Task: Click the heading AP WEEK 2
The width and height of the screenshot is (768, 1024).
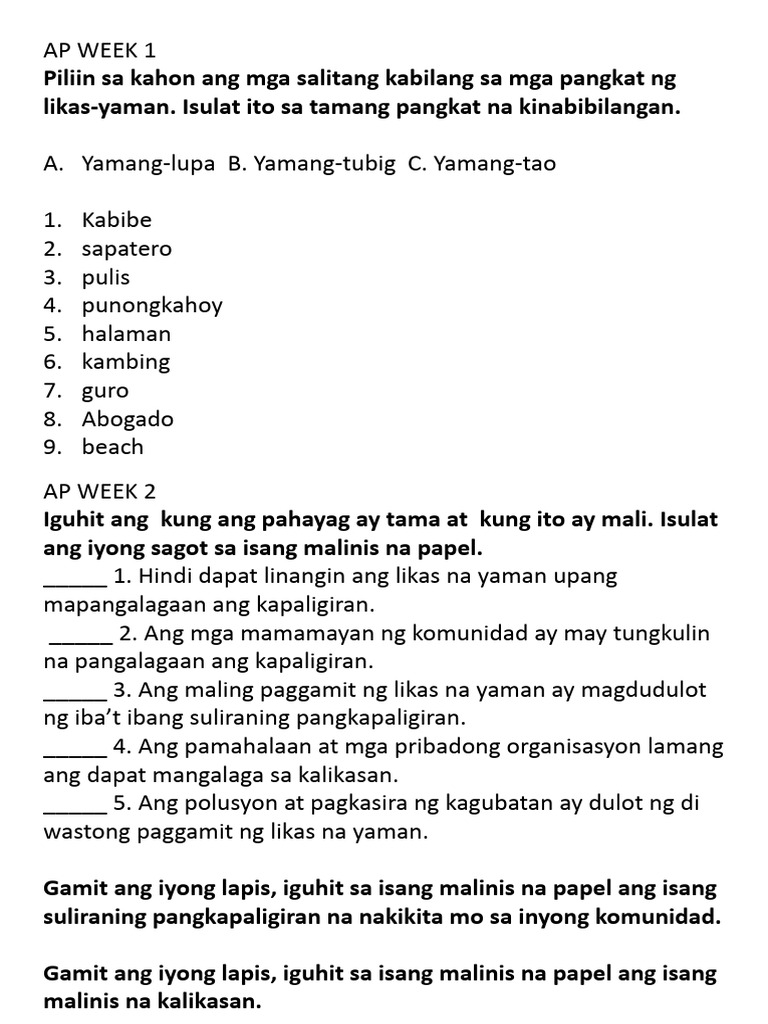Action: [x=100, y=492]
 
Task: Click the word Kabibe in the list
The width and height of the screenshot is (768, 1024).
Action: [x=117, y=220]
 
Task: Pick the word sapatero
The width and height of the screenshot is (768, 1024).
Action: [x=127, y=249]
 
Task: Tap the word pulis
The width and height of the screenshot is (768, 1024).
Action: [x=106, y=277]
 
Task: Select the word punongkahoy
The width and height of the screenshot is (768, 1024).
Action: [x=152, y=306]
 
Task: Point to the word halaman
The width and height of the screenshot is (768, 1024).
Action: [x=126, y=334]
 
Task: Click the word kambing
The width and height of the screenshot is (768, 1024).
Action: [x=126, y=362]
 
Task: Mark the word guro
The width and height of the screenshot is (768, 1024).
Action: [x=106, y=391]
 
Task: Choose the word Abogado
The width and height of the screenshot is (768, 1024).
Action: [x=128, y=419]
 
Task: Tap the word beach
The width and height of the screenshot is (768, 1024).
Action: [x=113, y=447]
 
